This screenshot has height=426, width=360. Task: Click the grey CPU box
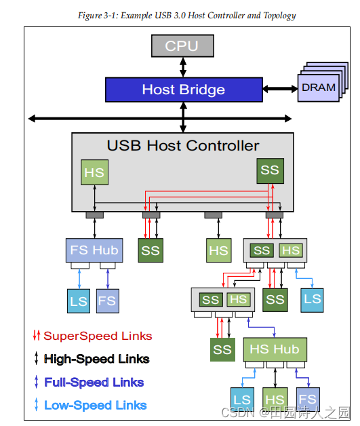tap(182, 46)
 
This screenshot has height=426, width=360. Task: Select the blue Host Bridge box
tap(183, 90)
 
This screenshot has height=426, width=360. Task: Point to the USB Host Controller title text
tap(182, 146)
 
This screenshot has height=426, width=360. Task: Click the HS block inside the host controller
tap(94, 172)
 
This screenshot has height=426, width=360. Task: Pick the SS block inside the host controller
tap(269, 170)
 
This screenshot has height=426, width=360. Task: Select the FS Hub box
tap(94, 250)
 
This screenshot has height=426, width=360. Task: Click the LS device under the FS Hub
tap(78, 300)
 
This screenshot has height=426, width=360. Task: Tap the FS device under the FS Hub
tap(107, 300)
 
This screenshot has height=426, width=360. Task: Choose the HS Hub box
tap(275, 350)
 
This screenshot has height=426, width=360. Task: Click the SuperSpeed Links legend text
tap(98, 336)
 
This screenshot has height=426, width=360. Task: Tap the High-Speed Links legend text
tap(96, 359)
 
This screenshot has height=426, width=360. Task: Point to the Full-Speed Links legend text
tap(95, 382)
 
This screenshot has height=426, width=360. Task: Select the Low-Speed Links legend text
tap(95, 405)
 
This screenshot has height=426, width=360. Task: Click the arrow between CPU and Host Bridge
tap(182, 66)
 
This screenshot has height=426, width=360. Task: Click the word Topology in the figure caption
tap(275, 16)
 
